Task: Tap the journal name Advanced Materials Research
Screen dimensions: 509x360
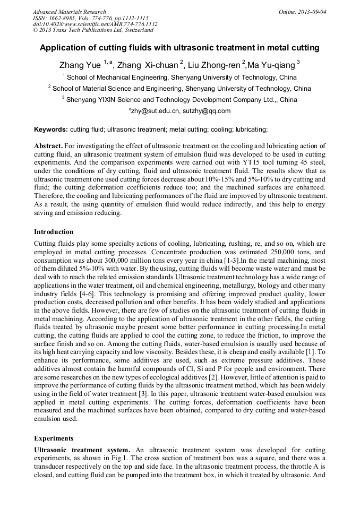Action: point(69,12)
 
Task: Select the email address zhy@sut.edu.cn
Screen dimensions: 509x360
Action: point(155,111)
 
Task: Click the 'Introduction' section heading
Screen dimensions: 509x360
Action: point(54,232)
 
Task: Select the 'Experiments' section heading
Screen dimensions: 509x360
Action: point(54,438)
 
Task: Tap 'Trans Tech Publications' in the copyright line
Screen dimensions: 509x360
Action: point(82,30)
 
